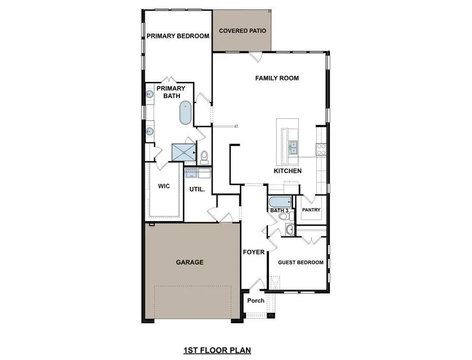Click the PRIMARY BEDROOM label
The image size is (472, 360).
pyautogui.click(x=178, y=36)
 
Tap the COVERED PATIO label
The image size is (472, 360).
pyautogui.click(x=242, y=31)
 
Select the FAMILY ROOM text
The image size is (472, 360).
pyautogui.click(x=277, y=78)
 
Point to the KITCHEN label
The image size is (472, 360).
pyautogui.click(x=287, y=171)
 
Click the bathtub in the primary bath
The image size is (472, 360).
pyautogui.click(x=186, y=113)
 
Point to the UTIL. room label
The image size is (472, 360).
pyautogui.click(x=197, y=189)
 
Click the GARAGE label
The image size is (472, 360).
pyautogui.click(x=189, y=262)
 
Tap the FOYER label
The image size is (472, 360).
pyautogui.click(x=254, y=252)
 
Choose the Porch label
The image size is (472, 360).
pyautogui.click(x=256, y=301)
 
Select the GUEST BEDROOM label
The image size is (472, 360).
pyautogui.click(x=301, y=263)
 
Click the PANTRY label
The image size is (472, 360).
pyautogui.click(x=311, y=210)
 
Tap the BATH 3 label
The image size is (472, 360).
pyautogui.click(x=279, y=211)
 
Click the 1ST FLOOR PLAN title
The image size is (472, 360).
pyautogui.click(x=212, y=349)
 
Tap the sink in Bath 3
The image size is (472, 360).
pyautogui.click(x=290, y=229)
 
